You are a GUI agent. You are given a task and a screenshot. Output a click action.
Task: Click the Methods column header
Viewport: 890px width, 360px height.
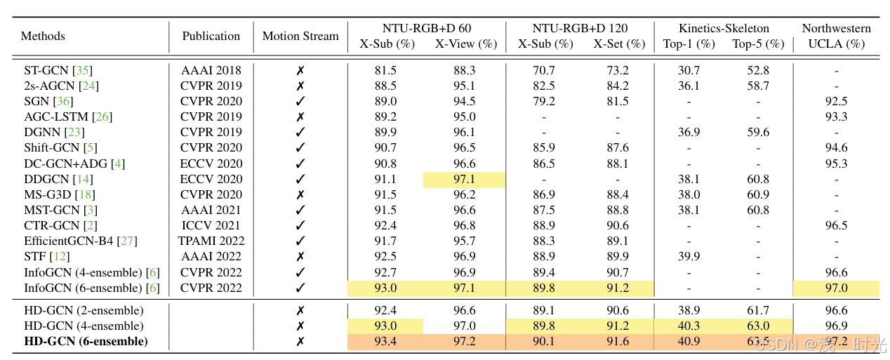tap(43, 36)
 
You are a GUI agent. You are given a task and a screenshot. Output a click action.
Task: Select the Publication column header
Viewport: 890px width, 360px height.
tap(211, 36)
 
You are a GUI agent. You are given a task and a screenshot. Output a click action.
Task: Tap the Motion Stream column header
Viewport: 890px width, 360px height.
tap(300, 36)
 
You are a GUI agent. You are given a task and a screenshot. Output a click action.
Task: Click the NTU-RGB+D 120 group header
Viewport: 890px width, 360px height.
tap(580, 28)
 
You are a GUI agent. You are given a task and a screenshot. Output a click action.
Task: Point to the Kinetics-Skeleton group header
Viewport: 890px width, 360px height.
tap(724, 28)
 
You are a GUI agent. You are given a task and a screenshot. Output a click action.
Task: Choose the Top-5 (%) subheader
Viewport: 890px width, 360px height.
tap(758, 44)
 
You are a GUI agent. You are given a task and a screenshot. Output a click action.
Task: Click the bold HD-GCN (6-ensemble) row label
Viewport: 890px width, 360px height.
tap(86, 342)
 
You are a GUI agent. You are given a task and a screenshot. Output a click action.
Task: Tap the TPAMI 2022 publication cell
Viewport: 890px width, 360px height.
tap(211, 241)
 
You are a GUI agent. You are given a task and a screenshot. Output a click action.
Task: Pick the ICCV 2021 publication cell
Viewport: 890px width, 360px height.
tap(211, 225)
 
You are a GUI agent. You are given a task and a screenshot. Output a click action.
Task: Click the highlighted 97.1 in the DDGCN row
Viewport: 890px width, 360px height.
tap(465, 179)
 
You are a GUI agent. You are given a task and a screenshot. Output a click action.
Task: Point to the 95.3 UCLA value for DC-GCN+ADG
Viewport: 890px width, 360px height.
tap(836, 164)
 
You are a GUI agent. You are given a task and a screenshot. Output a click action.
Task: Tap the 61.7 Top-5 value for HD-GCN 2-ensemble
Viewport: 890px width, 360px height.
tap(758, 310)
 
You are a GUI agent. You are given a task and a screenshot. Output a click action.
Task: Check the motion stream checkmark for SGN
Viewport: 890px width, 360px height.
tap(300, 101)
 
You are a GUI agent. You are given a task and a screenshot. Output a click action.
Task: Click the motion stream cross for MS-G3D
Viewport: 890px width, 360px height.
tap(300, 194)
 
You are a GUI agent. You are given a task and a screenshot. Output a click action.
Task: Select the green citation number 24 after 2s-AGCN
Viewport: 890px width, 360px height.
tap(89, 86)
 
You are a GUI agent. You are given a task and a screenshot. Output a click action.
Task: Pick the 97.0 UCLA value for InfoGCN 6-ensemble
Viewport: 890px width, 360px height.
tap(836, 288)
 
